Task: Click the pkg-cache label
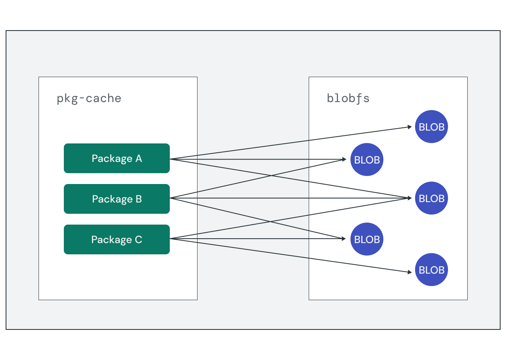[x=89, y=98]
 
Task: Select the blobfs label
[x=348, y=98]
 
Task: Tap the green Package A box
[x=117, y=158]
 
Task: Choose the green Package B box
[x=117, y=199]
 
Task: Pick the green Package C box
[x=117, y=239]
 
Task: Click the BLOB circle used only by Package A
[x=432, y=127]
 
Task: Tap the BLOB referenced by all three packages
[x=432, y=198]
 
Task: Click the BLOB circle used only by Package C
[x=432, y=270]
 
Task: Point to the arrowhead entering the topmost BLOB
[x=410, y=127]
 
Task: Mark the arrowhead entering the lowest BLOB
[x=410, y=272]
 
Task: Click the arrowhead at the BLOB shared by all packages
[x=410, y=198]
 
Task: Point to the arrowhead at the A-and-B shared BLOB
[x=344, y=160]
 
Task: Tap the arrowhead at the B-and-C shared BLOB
[x=344, y=239]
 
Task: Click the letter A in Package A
[x=138, y=158]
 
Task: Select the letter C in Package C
[x=138, y=239]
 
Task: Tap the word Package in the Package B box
[x=107, y=199]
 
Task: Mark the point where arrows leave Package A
[x=170, y=159]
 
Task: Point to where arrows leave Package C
[x=170, y=239]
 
